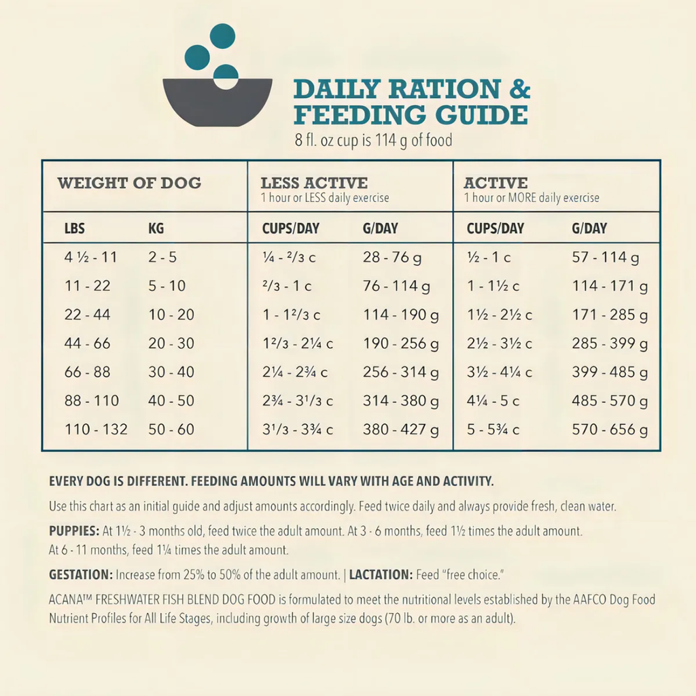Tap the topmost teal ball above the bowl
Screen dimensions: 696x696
(222, 35)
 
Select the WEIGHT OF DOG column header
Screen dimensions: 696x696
(129, 183)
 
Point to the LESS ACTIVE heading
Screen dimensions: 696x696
(314, 183)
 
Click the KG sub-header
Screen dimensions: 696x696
(156, 228)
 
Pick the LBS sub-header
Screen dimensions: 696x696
(75, 228)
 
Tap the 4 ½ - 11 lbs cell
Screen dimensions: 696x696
(91, 258)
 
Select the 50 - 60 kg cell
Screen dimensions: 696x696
(171, 430)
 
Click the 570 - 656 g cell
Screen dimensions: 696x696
(610, 430)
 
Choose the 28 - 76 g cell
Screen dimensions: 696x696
(392, 258)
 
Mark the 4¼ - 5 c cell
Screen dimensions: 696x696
(493, 401)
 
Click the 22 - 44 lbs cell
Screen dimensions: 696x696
(88, 315)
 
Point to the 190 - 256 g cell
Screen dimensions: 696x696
(401, 344)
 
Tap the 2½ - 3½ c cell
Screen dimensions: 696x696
(500, 344)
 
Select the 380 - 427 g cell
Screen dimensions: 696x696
(401, 430)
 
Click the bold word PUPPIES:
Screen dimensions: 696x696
(74, 530)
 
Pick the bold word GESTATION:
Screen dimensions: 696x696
(81, 575)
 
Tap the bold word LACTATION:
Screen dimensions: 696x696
(381, 575)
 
